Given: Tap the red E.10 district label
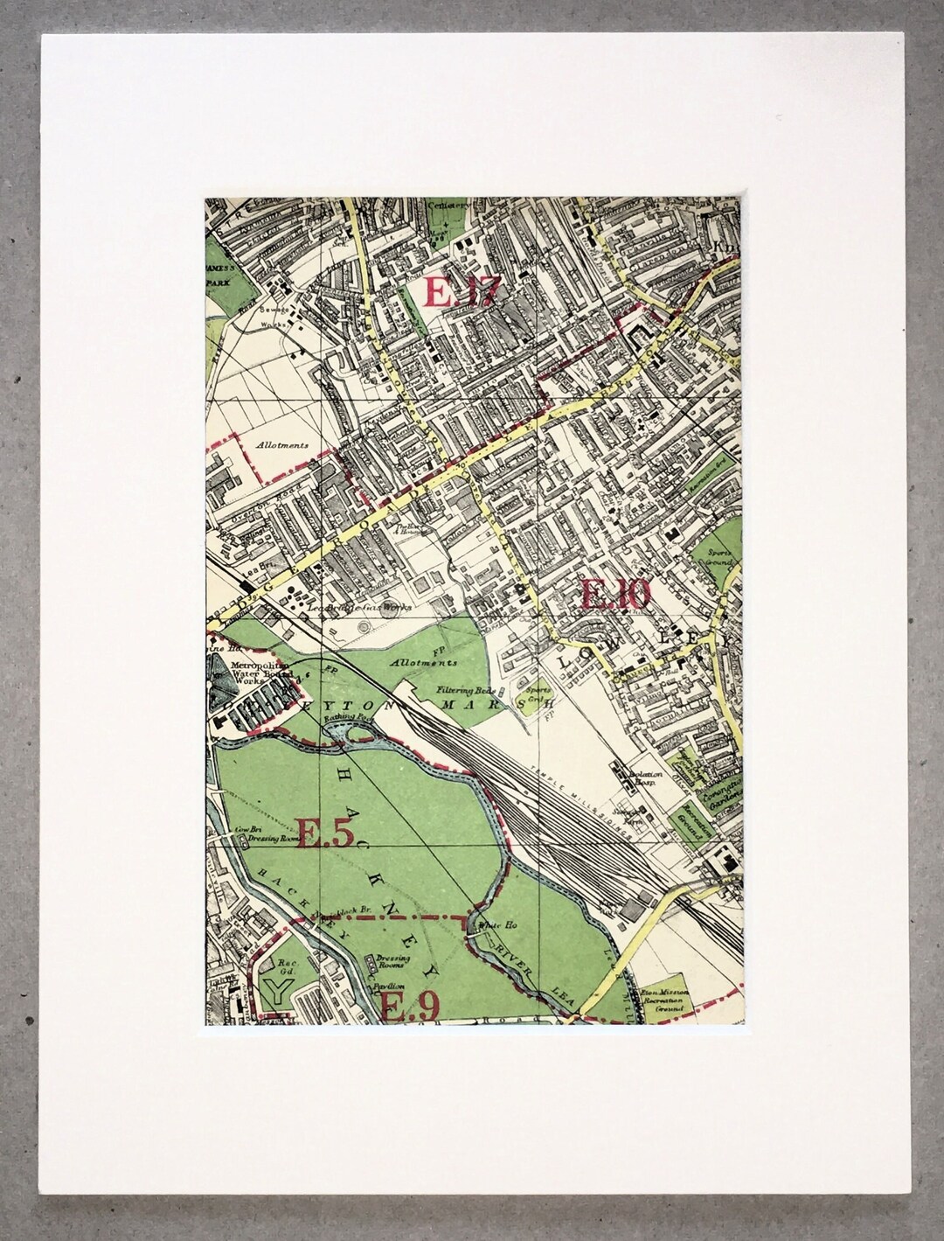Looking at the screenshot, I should tap(615, 596).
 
